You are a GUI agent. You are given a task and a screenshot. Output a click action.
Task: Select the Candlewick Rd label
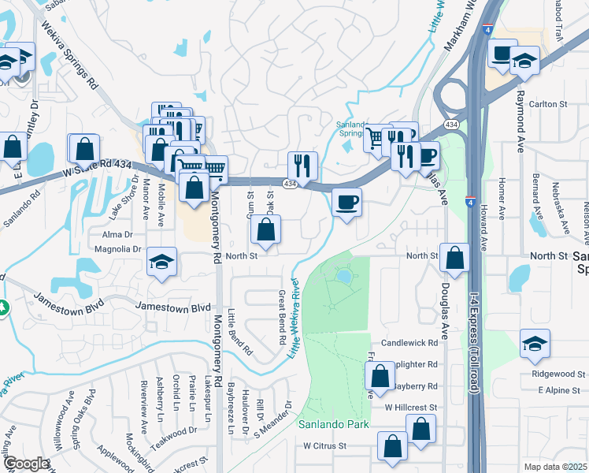coord(409,344)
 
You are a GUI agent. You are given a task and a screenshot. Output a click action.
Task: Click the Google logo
coord(27,464)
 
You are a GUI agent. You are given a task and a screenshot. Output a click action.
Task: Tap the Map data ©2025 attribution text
coord(555,467)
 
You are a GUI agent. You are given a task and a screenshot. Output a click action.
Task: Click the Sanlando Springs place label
coord(351,128)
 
